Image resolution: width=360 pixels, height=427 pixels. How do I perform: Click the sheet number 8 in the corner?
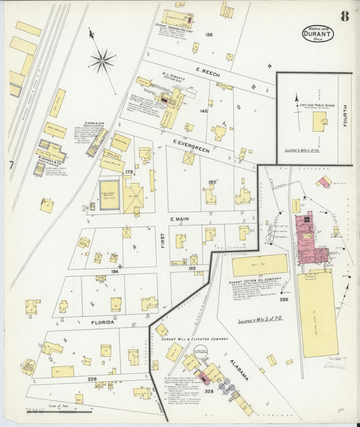[344, 16]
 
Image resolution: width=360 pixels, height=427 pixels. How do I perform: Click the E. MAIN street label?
[185, 219]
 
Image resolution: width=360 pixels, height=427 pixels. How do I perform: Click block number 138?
[209, 34]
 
